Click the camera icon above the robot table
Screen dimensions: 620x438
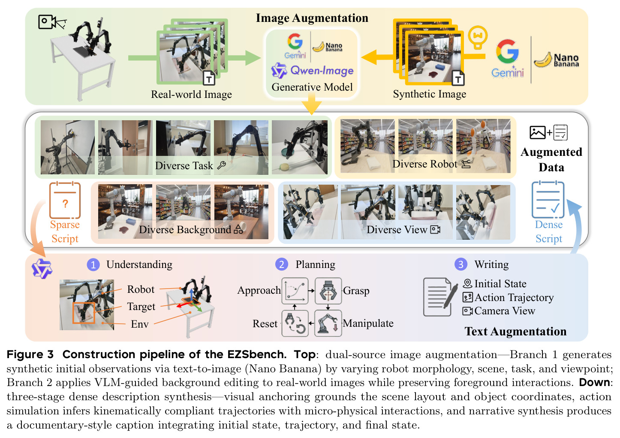(52, 22)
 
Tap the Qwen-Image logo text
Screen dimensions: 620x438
(322, 70)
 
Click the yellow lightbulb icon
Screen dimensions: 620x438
(478, 37)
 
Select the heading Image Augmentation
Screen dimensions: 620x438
(312, 18)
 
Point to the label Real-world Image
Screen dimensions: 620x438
(191, 94)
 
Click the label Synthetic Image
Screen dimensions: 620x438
(430, 94)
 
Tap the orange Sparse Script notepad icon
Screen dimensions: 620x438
(65, 200)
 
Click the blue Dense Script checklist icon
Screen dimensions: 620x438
(548, 200)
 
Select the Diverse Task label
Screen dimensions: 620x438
(184, 165)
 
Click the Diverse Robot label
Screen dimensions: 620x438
(424, 164)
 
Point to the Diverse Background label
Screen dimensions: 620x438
(185, 230)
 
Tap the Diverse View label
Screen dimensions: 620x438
(397, 230)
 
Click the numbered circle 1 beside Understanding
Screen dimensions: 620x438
(93, 265)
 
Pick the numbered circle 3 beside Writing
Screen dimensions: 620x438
(461, 264)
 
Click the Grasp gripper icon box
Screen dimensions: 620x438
(328, 291)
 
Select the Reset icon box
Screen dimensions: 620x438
(295, 323)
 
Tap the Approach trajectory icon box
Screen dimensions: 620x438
(295, 291)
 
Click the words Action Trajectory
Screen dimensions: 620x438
(514, 298)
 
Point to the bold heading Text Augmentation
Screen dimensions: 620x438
(515, 332)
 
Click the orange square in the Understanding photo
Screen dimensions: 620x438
(84, 313)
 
